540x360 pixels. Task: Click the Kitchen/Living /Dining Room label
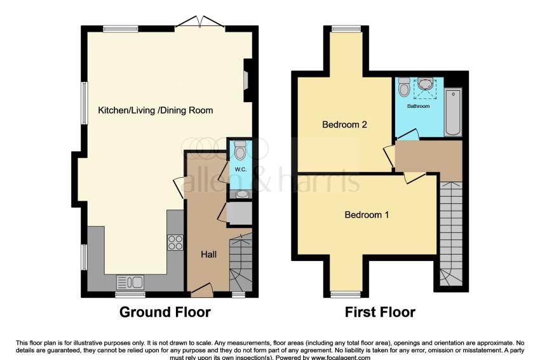(x=155, y=110)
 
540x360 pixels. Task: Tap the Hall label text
(x=209, y=255)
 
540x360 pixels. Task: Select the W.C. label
(x=240, y=170)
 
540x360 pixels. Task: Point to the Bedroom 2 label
(x=344, y=124)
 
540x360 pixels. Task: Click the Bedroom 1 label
(x=367, y=215)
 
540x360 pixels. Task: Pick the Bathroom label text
(x=419, y=106)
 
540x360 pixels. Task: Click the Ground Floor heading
(x=165, y=312)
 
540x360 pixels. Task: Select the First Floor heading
(x=380, y=312)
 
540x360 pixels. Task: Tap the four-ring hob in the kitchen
(x=175, y=243)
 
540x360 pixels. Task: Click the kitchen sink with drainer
(x=130, y=283)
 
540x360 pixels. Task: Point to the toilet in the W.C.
(x=240, y=150)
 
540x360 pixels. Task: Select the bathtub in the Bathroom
(x=453, y=112)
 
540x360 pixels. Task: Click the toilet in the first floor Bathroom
(x=404, y=87)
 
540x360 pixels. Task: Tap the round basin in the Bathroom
(x=426, y=84)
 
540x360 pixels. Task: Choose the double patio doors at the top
(x=199, y=22)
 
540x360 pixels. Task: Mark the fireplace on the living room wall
(x=246, y=81)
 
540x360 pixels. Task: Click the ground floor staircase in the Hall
(x=241, y=262)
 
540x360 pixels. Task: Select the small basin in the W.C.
(x=243, y=194)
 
